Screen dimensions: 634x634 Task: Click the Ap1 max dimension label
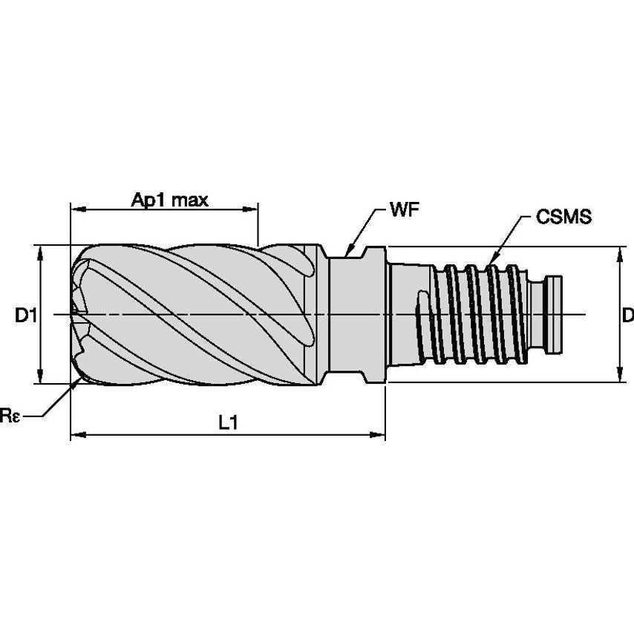tap(170, 199)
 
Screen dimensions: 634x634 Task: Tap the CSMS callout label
tap(563, 217)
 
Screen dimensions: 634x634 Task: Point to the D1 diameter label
tap(25, 316)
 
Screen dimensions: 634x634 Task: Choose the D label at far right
tap(628, 316)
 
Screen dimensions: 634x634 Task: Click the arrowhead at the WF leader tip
tap(350, 250)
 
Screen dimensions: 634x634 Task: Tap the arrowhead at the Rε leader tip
tap(79, 382)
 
